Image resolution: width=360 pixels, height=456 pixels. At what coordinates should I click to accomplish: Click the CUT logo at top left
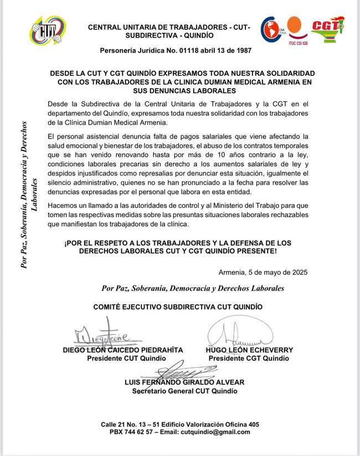48,33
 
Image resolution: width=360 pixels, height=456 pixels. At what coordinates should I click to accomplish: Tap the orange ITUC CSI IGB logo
294,31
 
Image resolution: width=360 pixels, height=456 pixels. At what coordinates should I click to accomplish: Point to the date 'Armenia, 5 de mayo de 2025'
260,272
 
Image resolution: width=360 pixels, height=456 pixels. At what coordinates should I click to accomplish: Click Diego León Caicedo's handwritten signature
102,335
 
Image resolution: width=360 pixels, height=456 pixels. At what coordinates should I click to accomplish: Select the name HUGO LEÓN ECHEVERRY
249,350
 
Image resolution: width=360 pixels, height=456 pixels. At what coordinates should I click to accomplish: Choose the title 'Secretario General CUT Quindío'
185,391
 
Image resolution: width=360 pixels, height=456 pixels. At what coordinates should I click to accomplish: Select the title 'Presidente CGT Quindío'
249,358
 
